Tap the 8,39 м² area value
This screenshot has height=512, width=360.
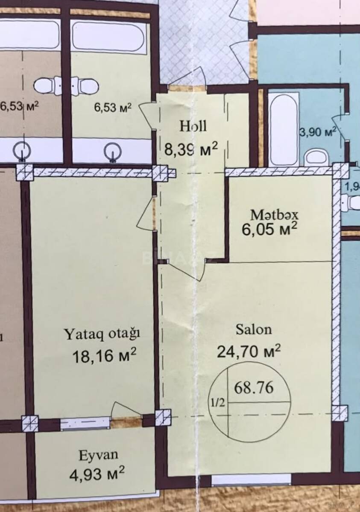(190, 150)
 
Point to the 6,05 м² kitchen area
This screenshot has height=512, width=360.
(269, 229)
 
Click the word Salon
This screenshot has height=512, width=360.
(254, 329)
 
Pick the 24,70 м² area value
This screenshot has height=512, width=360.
(249, 352)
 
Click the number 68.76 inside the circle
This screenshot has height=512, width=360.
(254, 388)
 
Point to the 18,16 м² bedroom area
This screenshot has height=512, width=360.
(104, 356)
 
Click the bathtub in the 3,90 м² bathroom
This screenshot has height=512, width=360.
(284, 129)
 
